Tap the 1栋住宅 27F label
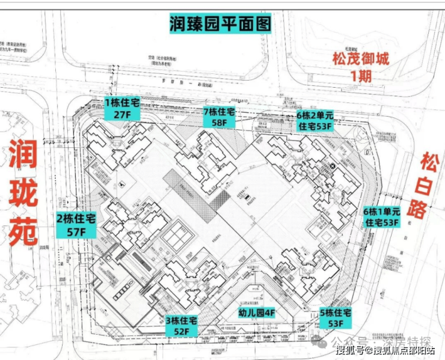tap(122, 108)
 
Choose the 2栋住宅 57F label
tap(76, 224)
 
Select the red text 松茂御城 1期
tap(361, 67)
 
